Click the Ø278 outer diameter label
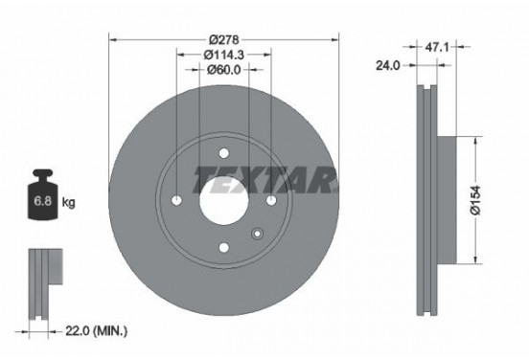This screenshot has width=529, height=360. pos(223,40)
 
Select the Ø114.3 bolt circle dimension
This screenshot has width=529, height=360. pos(223,55)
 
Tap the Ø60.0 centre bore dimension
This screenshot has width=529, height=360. pos(223,70)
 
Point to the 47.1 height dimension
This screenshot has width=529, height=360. pos(437,47)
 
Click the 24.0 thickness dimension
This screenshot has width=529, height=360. pos(388,65)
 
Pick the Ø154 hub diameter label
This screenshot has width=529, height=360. pos(475,200)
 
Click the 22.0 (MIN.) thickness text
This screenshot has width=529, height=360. pos(97,331)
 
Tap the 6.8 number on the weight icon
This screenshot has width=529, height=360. pos(43,201)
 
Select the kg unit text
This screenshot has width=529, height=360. pos(68,203)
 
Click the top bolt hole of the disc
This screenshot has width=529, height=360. pos(223,153)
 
